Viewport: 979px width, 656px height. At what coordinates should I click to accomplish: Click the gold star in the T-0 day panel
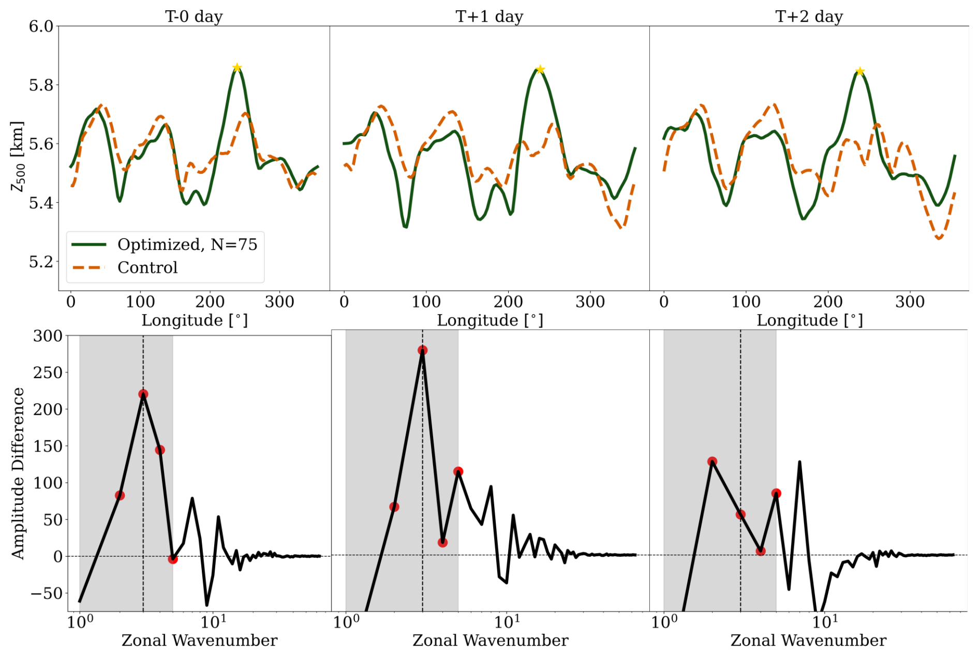[x=237, y=68]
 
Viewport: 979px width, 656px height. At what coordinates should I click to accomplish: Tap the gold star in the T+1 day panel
[x=540, y=69]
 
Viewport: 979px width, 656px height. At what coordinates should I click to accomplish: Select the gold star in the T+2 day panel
[x=860, y=71]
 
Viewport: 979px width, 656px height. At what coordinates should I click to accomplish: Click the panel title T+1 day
[x=489, y=17]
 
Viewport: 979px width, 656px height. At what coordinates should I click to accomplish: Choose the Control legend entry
[x=147, y=267]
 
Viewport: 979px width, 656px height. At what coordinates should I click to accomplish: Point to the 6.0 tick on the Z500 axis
[x=41, y=26]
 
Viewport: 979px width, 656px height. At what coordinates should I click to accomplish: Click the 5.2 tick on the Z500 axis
[x=41, y=262]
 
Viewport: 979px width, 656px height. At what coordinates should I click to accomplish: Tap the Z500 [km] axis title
[x=18, y=157]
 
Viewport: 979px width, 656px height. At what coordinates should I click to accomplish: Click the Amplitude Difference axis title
[x=18, y=473]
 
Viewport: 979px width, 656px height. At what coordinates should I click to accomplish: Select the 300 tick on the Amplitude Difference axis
[x=48, y=336]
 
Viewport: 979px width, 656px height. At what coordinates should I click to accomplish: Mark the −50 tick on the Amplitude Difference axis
[x=46, y=593]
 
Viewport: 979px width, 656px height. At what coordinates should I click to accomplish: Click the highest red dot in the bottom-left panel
[x=143, y=394]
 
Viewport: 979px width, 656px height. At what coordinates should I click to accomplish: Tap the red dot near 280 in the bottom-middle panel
[x=423, y=350]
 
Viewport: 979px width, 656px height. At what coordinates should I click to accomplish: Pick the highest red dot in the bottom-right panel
[x=713, y=461]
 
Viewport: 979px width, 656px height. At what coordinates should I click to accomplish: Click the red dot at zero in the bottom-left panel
[x=173, y=559]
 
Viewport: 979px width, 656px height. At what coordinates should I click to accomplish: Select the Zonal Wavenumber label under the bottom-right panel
[x=808, y=640]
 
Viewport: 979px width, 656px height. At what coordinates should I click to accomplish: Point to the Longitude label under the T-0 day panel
[x=195, y=320]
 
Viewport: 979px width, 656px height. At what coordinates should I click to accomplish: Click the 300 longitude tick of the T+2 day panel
[x=910, y=302]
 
